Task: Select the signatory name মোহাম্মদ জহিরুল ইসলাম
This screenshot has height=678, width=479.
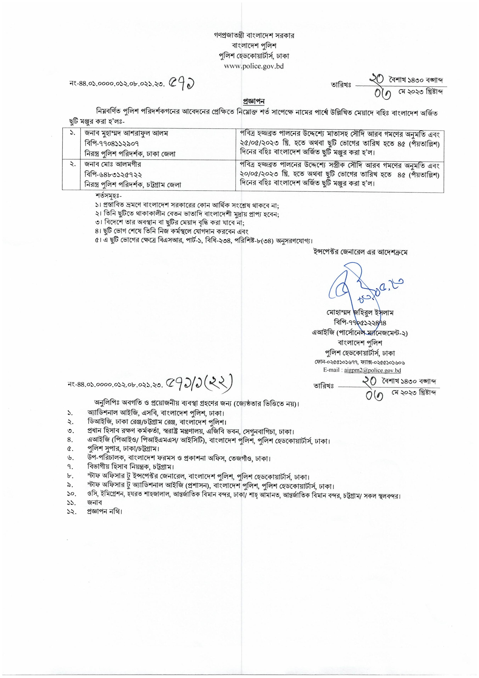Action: point(360,312)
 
